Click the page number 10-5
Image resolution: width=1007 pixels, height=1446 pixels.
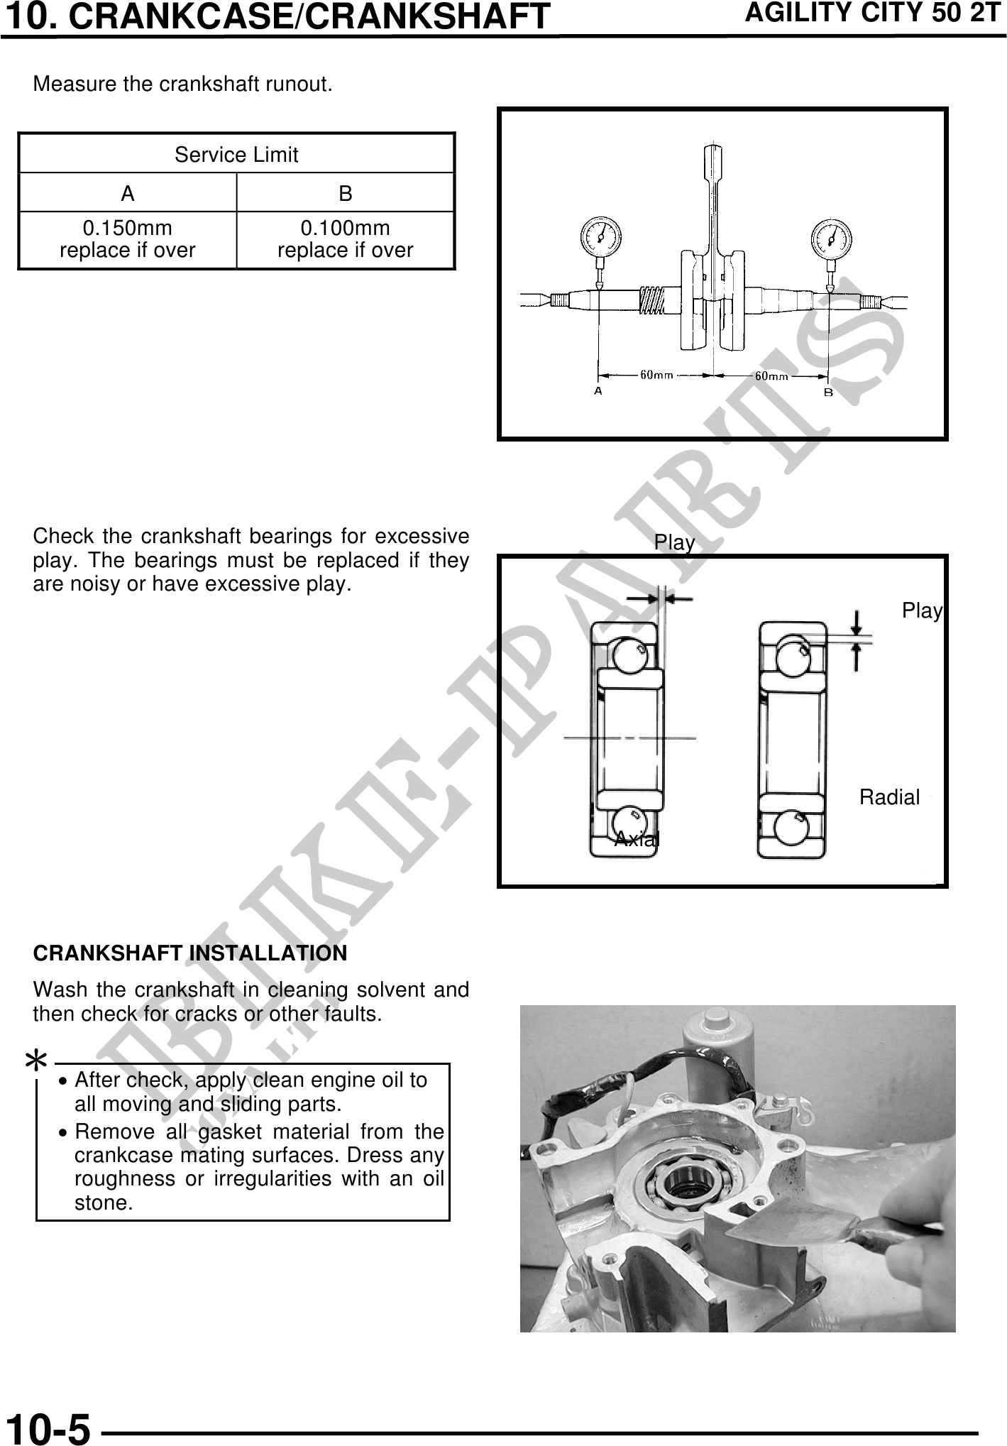tap(48, 1427)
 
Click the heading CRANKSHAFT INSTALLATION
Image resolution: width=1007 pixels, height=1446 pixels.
tap(190, 953)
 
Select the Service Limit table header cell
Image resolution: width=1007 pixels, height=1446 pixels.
tap(236, 154)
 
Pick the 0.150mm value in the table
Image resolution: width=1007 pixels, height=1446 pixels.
tap(128, 228)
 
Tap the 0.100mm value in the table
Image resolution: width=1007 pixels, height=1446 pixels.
tap(346, 228)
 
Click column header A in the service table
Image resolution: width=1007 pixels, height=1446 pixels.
tap(128, 193)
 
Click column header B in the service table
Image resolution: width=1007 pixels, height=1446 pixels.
tap(346, 193)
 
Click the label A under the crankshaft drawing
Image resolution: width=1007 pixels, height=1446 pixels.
tap(598, 390)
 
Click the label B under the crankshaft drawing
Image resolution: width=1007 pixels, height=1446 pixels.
tap(828, 391)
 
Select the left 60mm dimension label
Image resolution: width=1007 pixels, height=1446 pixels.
tap(657, 374)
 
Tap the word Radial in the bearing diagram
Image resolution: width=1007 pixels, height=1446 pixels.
tap(889, 797)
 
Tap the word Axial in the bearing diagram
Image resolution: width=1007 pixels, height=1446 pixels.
tap(637, 839)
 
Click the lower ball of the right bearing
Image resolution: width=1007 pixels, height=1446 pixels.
tap(791, 829)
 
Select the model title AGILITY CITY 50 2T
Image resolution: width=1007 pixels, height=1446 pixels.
tap(872, 13)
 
